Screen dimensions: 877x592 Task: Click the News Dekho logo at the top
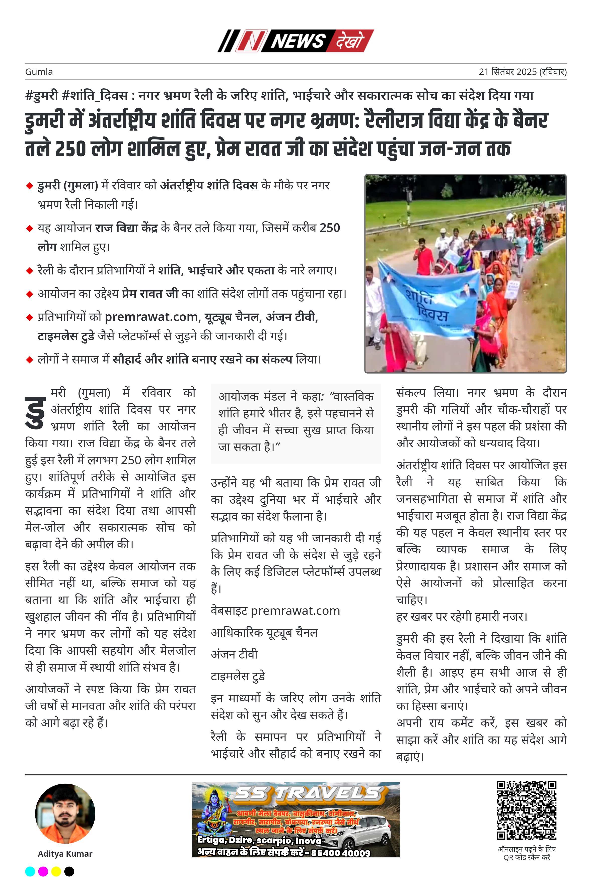click(295, 41)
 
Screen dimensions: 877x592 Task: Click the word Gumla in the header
click(39, 72)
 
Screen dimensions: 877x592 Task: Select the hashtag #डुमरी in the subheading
click(41, 96)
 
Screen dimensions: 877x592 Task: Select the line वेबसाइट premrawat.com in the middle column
click(275, 611)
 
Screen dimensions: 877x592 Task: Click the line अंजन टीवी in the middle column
click(234, 654)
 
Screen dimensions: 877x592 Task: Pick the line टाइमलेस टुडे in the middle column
click(238, 676)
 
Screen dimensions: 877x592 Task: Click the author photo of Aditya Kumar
click(65, 814)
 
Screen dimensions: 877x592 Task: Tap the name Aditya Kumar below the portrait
click(65, 854)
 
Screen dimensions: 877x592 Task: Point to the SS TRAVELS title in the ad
click(308, 794)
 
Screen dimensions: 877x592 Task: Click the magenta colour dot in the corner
click(43, 871)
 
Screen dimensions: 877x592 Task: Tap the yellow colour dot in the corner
click(56, 871)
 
